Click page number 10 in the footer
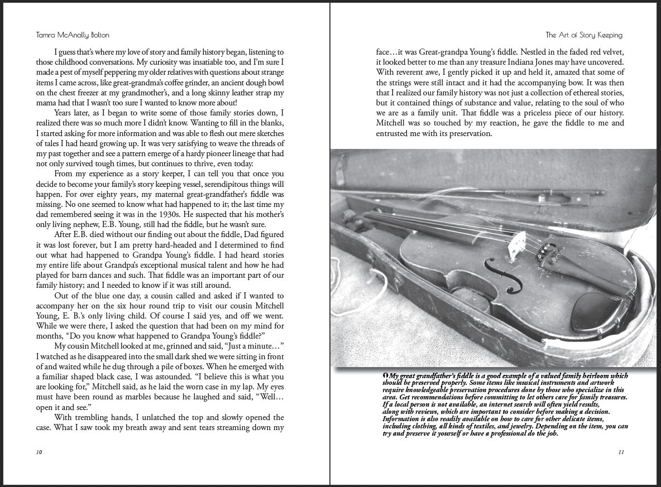[39, 452]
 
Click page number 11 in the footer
[621, 452]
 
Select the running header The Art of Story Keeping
[583, 35]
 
